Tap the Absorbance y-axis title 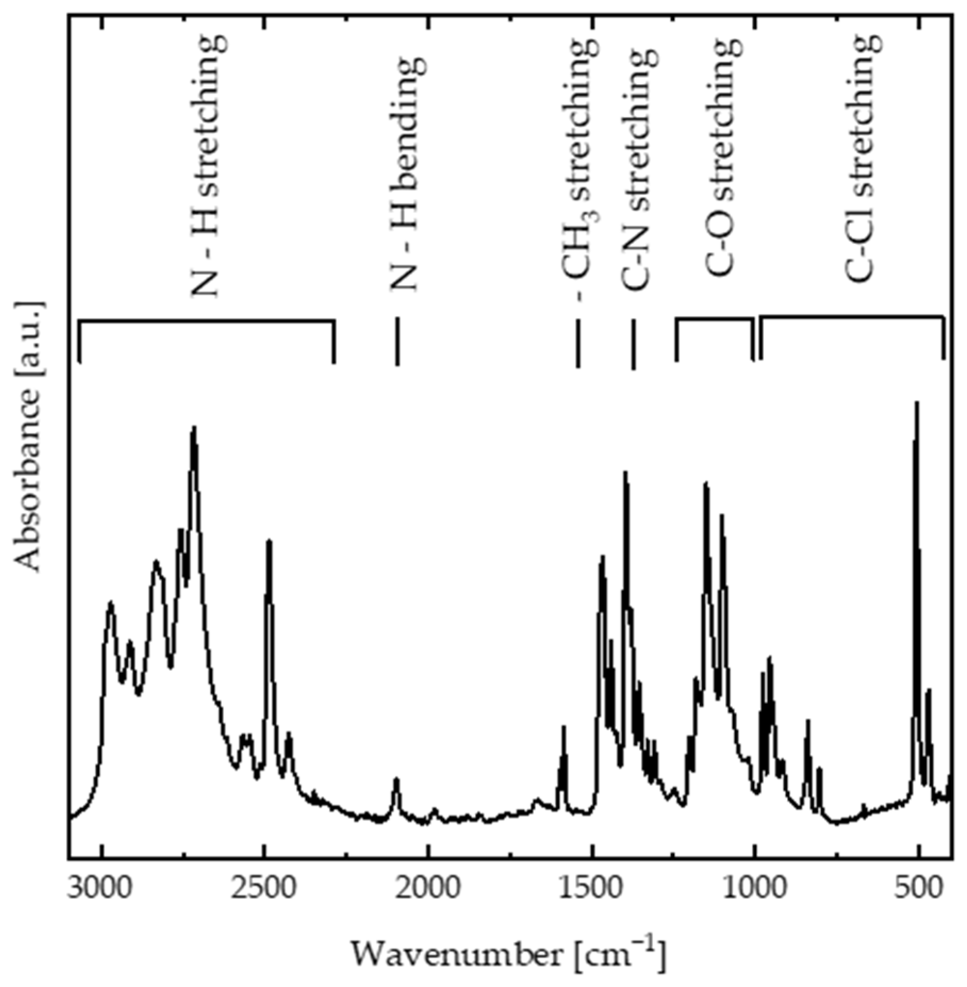(x=28, y=436)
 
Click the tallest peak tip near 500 (x=916, y=404)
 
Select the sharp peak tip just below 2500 (x=269, y=542)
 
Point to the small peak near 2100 (x=396, y=780)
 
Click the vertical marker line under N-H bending (x=397, y=341)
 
